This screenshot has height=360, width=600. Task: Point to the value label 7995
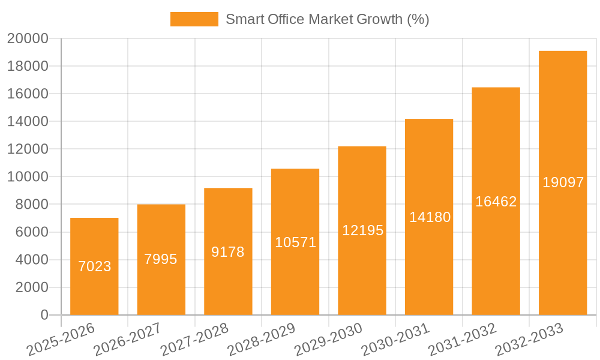coord(161,259)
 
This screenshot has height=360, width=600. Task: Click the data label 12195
coord(362,230)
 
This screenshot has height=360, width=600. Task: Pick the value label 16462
coord(496,202)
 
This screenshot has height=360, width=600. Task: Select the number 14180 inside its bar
coord(430,217)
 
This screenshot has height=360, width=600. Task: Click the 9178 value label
coord(228,252)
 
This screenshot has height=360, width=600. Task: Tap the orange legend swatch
coord(194,19)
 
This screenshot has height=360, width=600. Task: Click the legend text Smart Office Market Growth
coord(327,19)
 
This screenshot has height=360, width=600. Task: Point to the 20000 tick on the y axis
coord(28,39)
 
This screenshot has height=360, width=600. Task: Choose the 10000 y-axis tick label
coord(28,177)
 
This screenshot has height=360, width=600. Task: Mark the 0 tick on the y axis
coord(44,315)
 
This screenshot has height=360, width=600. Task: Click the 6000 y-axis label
coord(31,232)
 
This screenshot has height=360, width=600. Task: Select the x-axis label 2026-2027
coord(127,339)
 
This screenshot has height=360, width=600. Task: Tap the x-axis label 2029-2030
coord(329,339)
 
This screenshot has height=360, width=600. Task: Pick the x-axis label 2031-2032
coord(463,339)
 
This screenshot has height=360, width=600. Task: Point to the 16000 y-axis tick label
coord(28,94)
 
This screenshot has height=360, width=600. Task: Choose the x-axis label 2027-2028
coord(194,339)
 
